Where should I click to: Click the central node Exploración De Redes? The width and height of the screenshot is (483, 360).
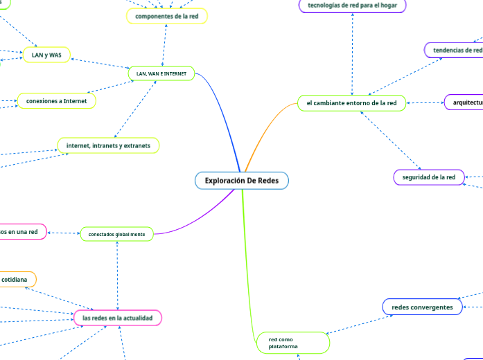click(241, 181)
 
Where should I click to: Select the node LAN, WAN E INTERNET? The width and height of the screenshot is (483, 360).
click(161, 73)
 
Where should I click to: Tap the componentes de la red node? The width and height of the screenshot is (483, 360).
click(167, 15)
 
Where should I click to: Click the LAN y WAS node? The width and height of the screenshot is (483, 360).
click(46, 55)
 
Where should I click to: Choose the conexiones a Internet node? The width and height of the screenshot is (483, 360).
click(56, 101)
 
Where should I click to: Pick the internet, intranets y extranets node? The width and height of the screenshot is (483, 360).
click(108, 145)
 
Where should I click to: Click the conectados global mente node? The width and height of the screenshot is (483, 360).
click(116, 235)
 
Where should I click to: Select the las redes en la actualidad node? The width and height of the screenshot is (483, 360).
click(117, 317)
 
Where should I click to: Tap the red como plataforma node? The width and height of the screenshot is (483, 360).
click(293, 343)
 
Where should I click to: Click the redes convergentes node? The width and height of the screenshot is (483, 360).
click(422, 307)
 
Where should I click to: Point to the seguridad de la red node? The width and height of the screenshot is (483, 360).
click(429, 177)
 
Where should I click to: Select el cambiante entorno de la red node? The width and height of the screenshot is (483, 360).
click(351, 103)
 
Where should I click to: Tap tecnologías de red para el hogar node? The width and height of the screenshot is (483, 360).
click(352, 6)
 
